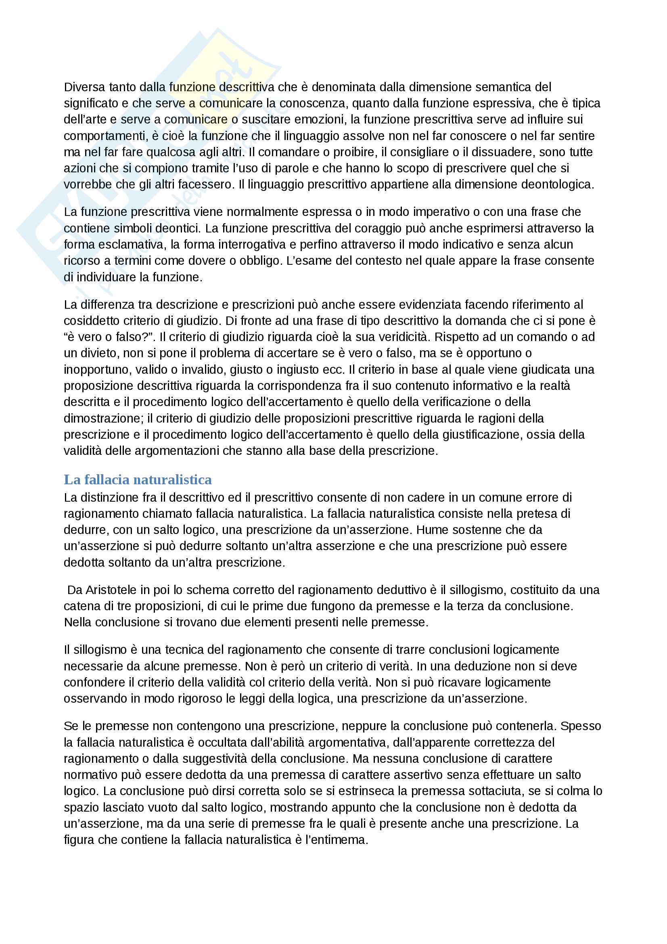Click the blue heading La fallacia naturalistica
point(138,480)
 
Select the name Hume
point(431,530)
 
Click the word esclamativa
point(128,245)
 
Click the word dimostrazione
point(102,419)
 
